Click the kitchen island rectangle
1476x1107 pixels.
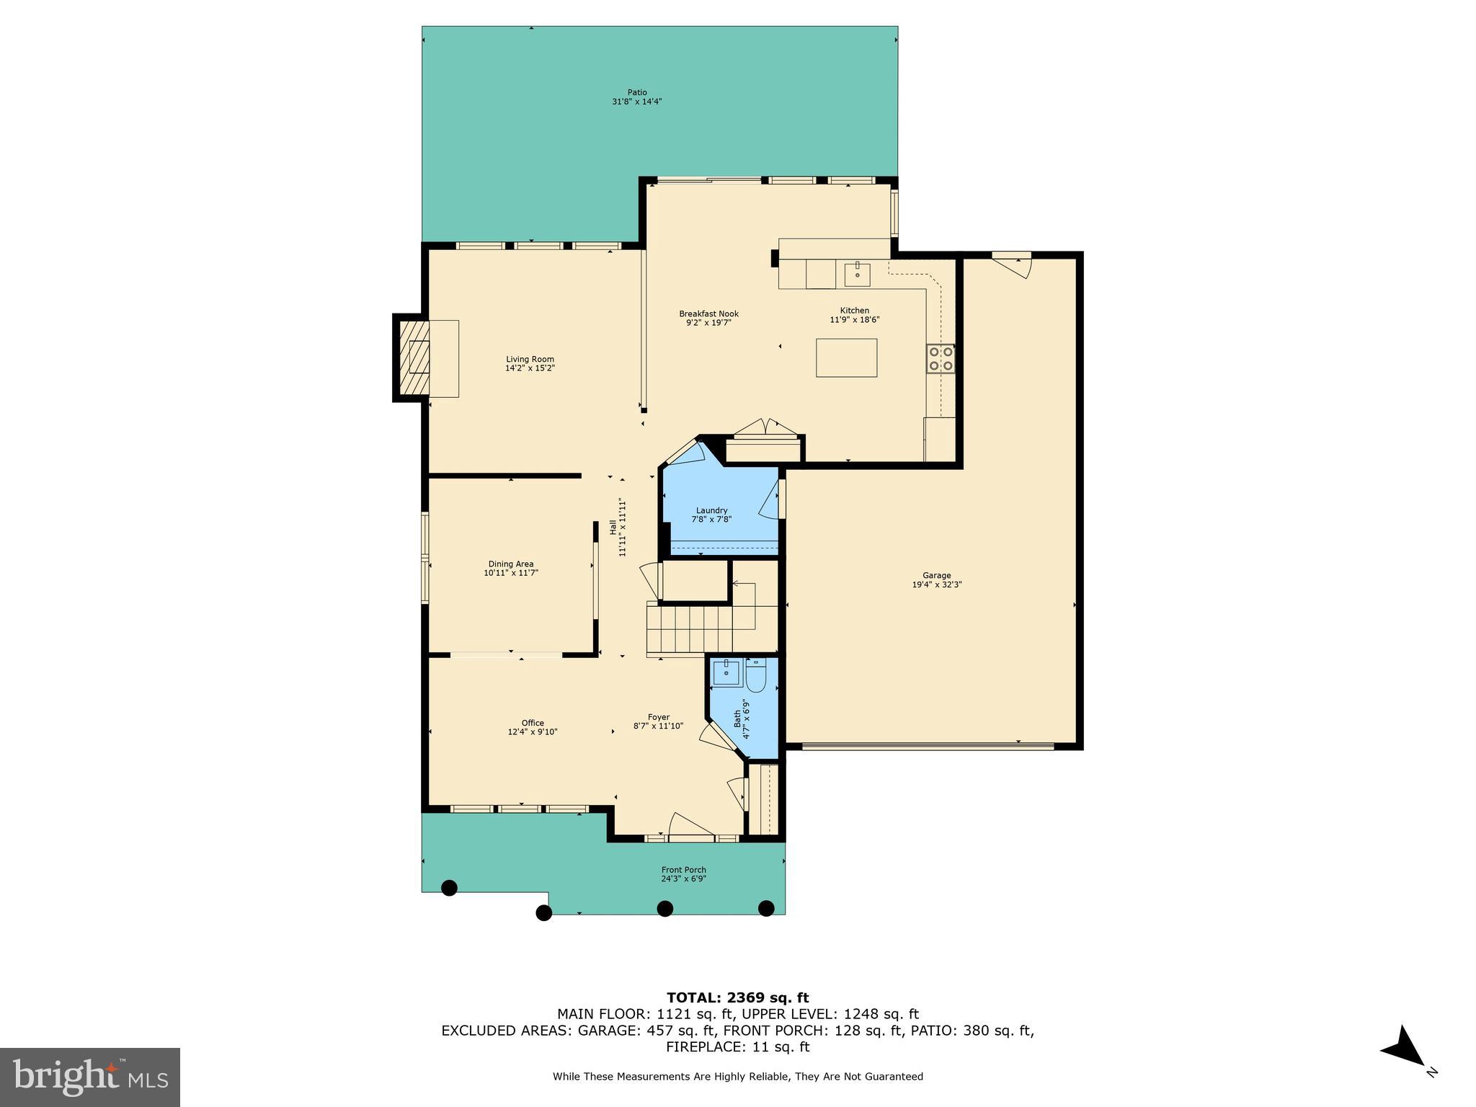click(x=846, y=357)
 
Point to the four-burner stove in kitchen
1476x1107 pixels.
click(x=941, y=358)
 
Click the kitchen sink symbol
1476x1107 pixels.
click(x=857, y=275)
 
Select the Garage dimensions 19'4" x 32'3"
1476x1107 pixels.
click(x=937, y=584)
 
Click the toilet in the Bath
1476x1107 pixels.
click(x=756, y=675)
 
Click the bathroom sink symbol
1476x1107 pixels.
click(x=726, y=672)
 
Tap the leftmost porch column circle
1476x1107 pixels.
click(x=449, y=888)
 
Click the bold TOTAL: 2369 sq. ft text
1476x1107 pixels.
click(x=737, y=998)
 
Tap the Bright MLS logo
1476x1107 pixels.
click(x=90, y=1077)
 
